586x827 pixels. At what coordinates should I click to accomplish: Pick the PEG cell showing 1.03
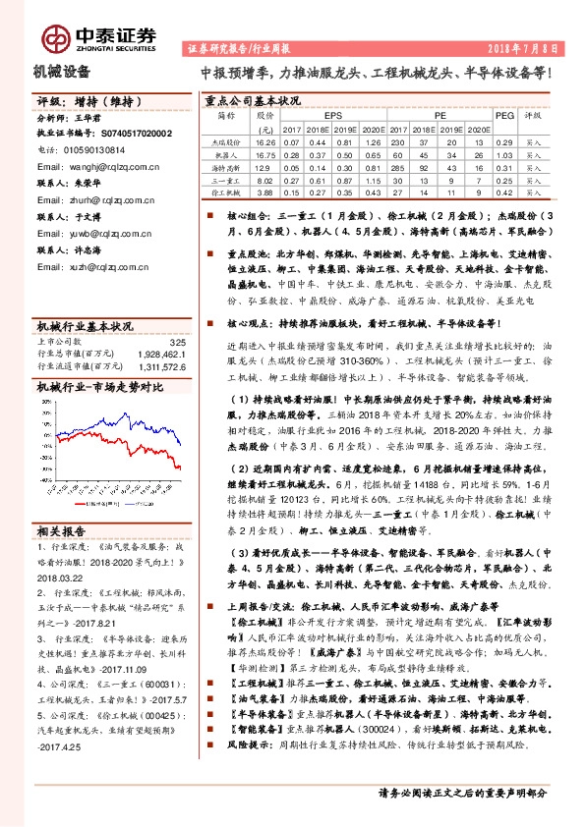click(503, 168)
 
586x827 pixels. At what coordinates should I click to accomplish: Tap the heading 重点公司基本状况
click(251, 99)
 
